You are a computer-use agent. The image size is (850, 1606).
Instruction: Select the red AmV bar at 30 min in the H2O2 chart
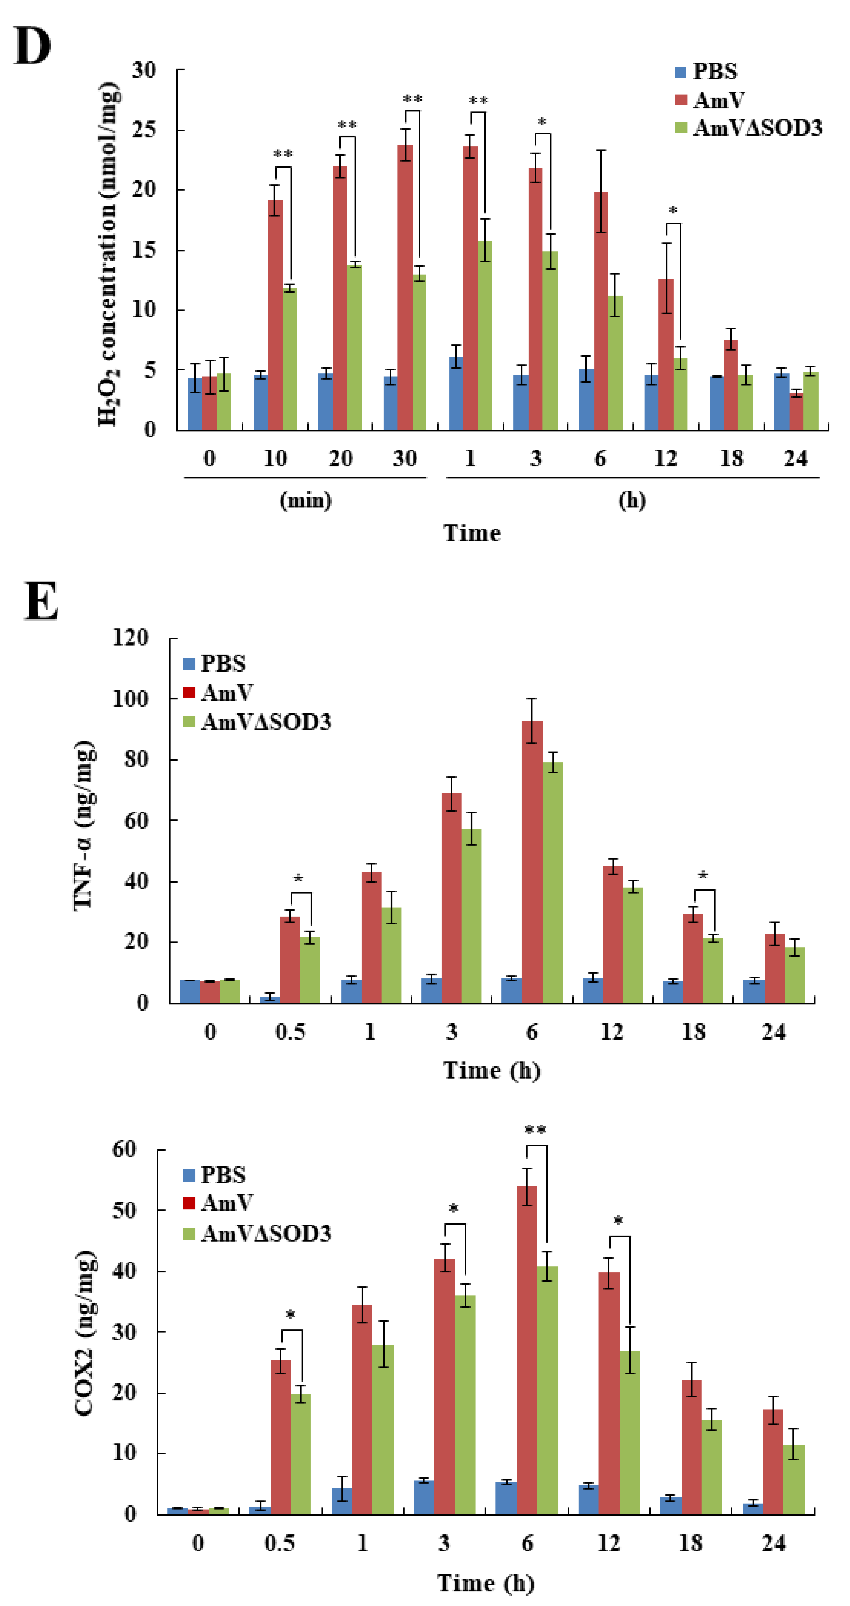point(405,287)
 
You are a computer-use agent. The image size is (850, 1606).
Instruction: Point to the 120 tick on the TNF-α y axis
point(131,637)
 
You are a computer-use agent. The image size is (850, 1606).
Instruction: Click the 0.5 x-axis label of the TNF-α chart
point(291,1032)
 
